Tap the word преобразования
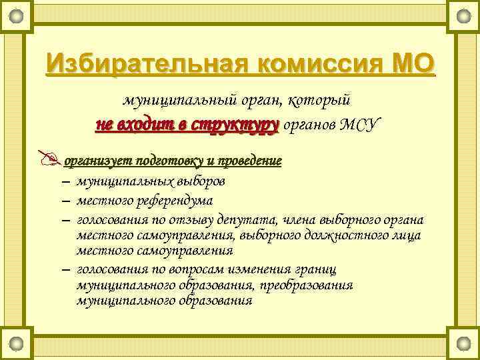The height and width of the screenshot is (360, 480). [x=309, y=285]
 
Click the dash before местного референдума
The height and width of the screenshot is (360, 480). [x=65, y=201]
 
